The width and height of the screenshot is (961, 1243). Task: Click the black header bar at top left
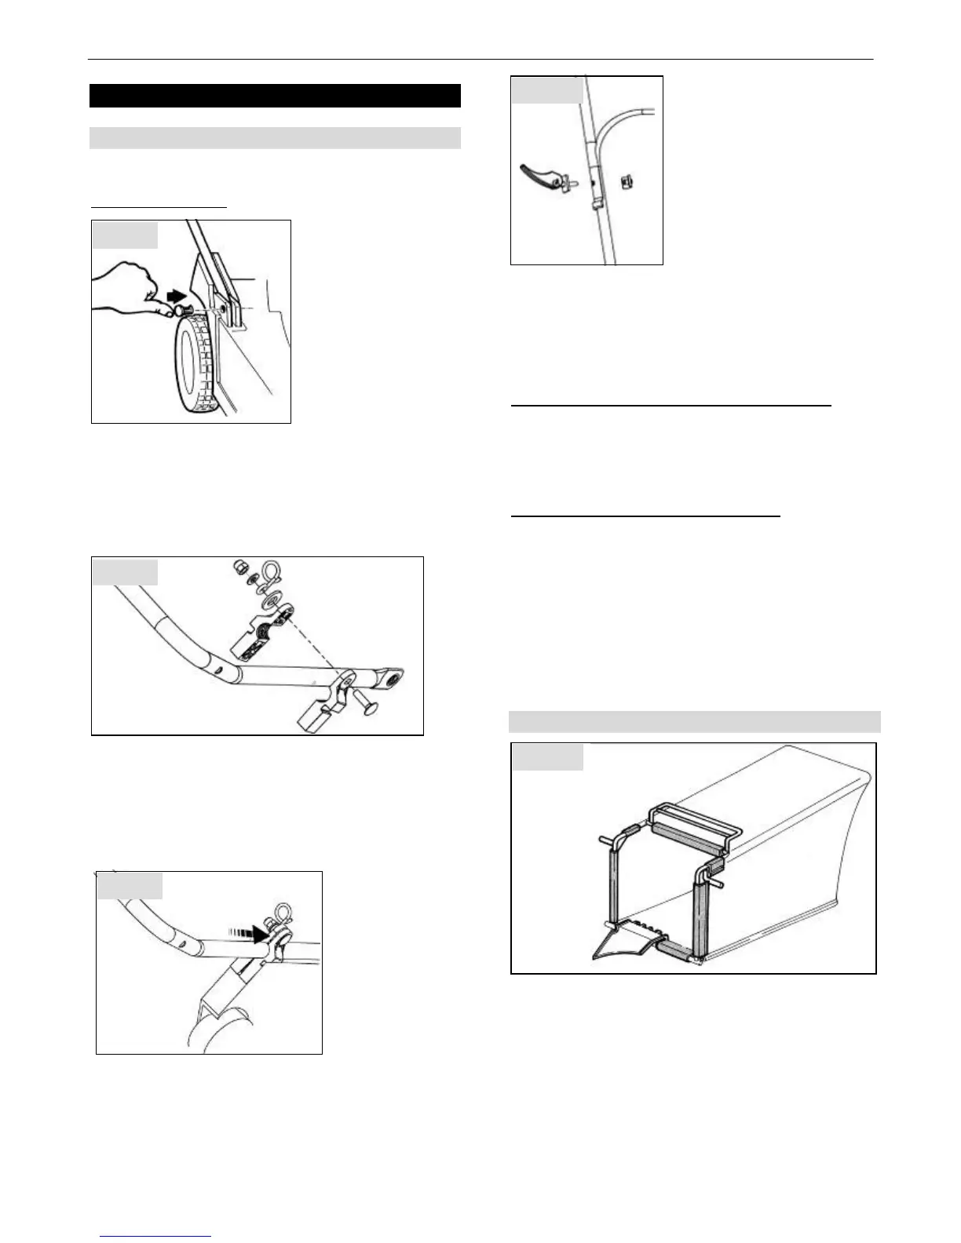coord(275,96)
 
